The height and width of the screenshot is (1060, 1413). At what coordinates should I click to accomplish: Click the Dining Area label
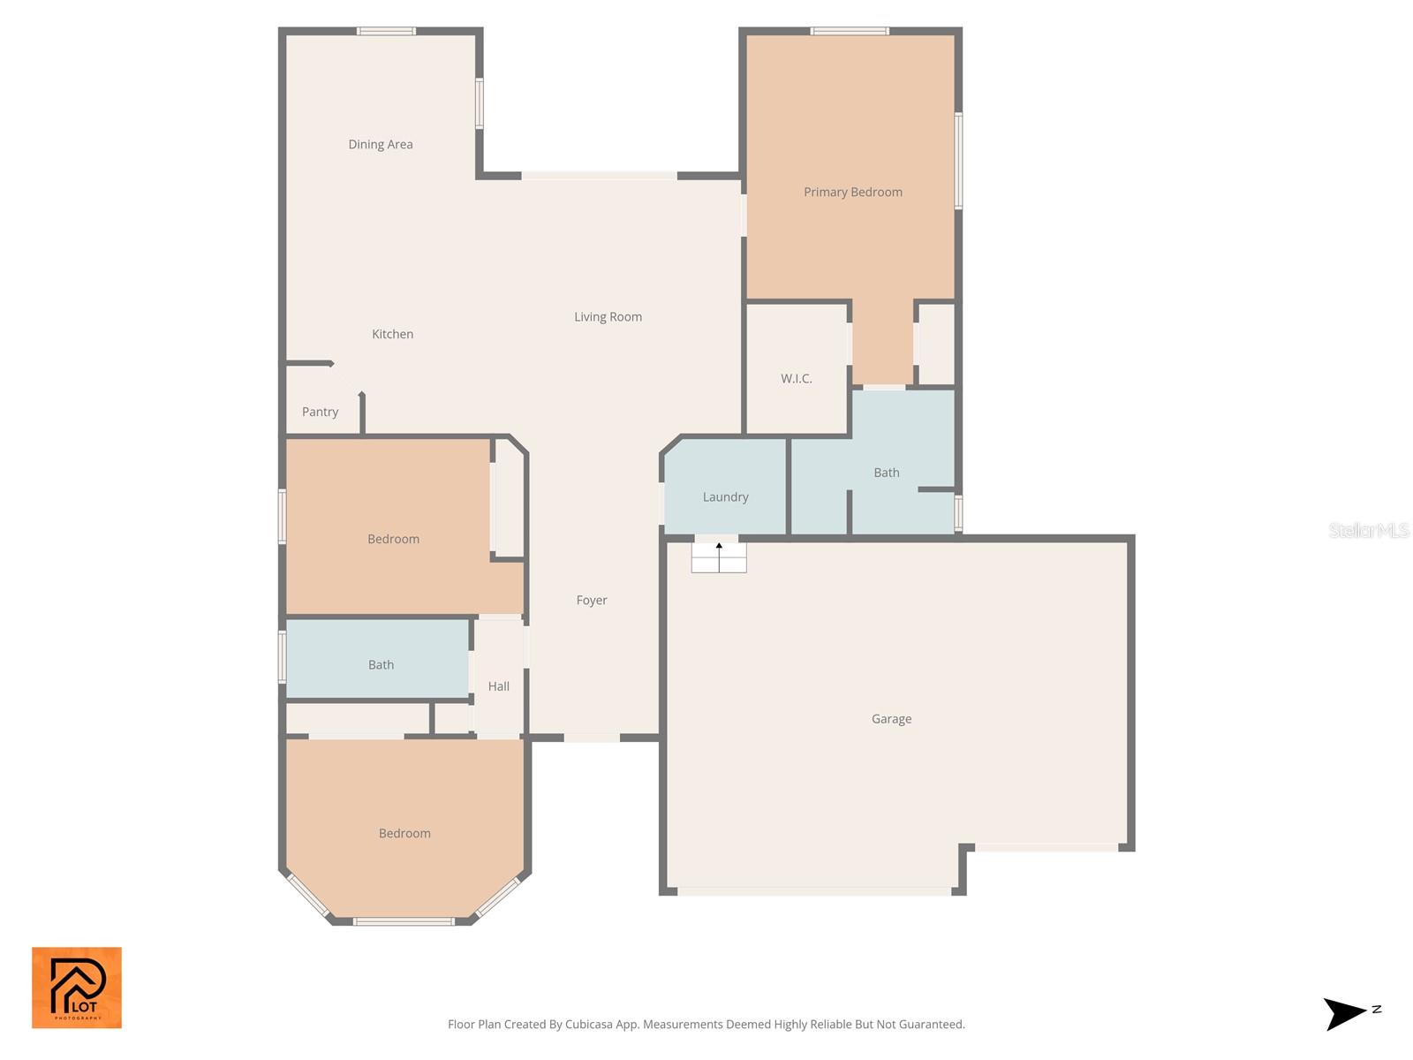coord(380,144)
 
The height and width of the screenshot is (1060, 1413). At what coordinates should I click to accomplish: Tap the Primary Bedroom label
coord(852,192)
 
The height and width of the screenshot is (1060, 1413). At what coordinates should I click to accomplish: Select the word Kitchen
coord(392,334)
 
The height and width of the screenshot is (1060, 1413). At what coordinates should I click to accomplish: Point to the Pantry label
coord(320,412)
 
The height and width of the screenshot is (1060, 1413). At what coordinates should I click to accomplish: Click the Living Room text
coord(608,316)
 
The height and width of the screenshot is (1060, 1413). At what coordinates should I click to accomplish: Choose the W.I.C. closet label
coord(796,378)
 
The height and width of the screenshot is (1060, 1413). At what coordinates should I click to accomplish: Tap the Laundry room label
coord(725,496)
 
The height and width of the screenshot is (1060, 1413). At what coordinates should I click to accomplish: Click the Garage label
coord(891,719)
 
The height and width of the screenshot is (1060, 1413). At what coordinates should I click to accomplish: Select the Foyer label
coord(592,600)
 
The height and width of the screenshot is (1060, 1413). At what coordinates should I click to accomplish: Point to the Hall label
coord(498,686)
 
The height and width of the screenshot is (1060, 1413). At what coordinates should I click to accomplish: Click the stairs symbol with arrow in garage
coord(719,557)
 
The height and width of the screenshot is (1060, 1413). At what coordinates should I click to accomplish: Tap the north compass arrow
coord(1346,1013)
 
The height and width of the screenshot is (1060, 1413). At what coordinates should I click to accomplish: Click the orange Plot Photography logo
coord(77,988)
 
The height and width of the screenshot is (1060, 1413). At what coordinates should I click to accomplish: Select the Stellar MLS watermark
coord(1368,530)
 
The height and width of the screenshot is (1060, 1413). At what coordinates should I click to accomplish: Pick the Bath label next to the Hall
coord(381,665)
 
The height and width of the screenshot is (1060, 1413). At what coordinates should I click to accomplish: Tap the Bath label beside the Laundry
coord(886,473)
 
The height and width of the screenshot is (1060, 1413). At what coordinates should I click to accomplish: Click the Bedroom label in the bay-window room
coord(404,833)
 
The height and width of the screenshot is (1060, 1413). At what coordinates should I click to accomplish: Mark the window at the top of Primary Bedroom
coord(850,32)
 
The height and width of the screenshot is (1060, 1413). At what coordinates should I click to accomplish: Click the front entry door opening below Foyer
coord(592,738)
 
